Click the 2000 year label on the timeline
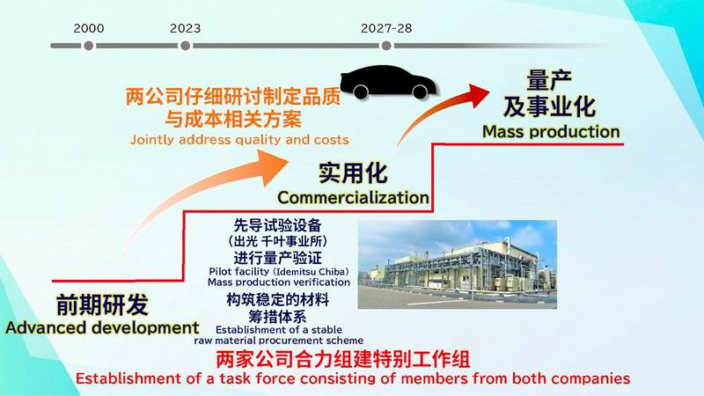click(x=89, y=28)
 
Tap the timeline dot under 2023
click(x=185, y=46)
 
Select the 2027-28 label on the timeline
click(x=386, y=28)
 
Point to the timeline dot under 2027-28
click(x=386, y=46)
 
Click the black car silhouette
click(x=387, y=82)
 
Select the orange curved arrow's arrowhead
click(x=272, y=167)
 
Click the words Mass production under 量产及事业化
click(x=551, y=131)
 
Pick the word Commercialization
click(x=353, y=197)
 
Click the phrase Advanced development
click(x=102, y=327)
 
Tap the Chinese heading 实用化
click(x=353, y=172)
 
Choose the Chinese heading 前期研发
click(x=102, y=305)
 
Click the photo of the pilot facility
click(x=457, y=265)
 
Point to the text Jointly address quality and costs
click(x=239, y=140)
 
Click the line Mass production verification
click(x=279, y=282)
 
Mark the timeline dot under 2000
click(x=89, y=46)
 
